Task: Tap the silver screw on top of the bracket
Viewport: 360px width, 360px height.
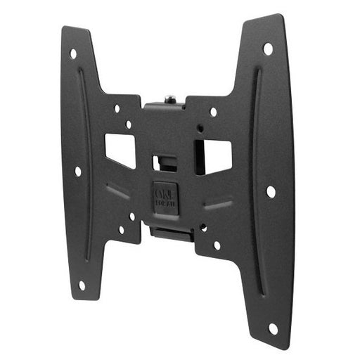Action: coord(169,99)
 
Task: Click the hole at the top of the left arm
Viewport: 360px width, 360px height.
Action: coord(73,53)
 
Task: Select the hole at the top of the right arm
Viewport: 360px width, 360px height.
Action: coord(268,49)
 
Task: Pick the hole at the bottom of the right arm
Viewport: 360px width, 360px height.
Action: coord(273,328)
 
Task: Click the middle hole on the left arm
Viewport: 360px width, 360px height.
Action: coord(77,171)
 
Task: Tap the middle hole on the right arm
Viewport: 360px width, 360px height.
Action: coord(271,191)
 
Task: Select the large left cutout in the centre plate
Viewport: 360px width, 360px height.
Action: coord(120,149)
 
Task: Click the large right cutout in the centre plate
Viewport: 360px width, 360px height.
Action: coord(214,156)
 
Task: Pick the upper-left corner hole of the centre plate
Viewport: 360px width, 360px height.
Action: coord(117,108)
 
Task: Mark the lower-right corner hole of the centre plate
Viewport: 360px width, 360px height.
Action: coord(217,245)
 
